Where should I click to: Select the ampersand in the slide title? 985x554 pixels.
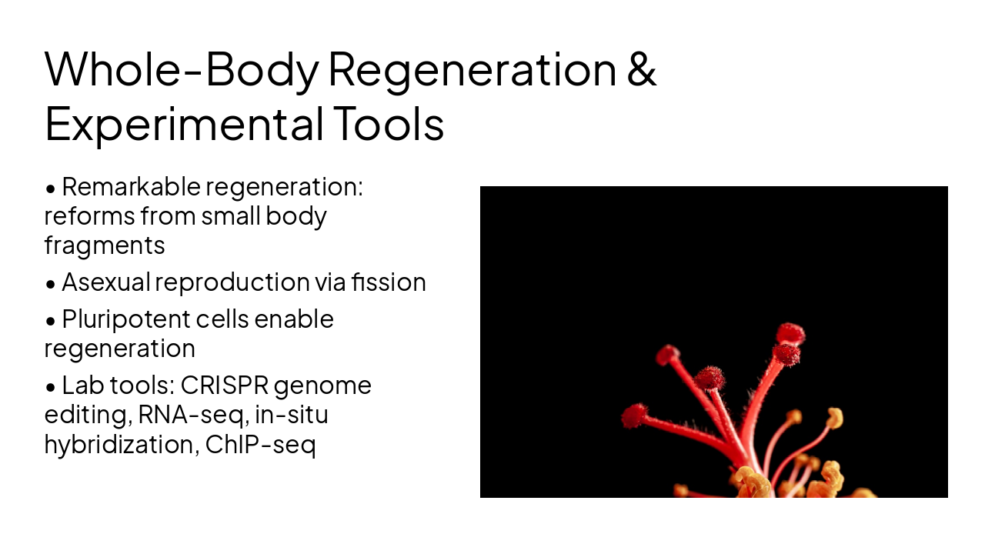pyautogui.click(x=641, y=69)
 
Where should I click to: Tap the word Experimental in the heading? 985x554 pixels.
pyautogui.click(x=183, y=124)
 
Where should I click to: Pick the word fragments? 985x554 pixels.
pyautogui.click(x=105, y=245)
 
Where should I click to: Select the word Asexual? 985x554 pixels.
pyautogui.click(x=105, y=282)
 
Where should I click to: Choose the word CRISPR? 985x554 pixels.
pyautogui.click(x=224, y=385)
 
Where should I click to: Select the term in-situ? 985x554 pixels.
pyautogui.click(x=295, y=415)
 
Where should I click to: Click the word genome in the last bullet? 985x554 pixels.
pyautogui.click(x=322, y=385)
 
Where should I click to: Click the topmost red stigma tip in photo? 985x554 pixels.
pyautogui.click(x=790, y=333)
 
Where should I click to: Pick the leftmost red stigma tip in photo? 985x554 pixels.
pyautogui.click(x=634, y=415)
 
